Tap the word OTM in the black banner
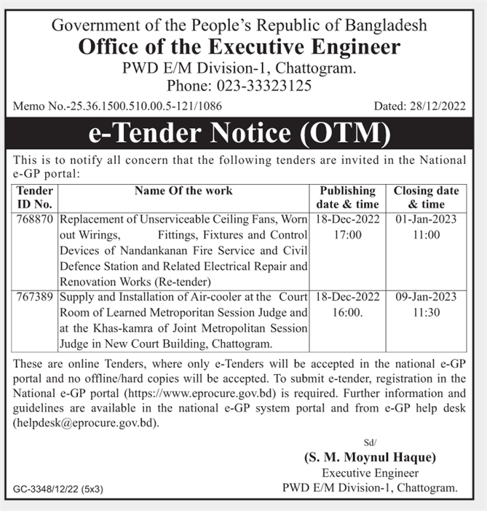click(341, 134)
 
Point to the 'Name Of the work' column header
click(183, 191)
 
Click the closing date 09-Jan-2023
click(426, 297)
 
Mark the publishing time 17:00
click(348, 235)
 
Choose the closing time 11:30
click(426, 313)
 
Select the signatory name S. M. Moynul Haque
click(370, 458)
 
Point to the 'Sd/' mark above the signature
click(369, 443)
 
